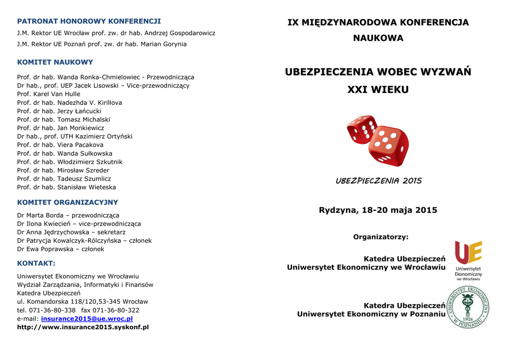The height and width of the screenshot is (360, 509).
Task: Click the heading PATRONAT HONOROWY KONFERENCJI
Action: (x=89, y=21)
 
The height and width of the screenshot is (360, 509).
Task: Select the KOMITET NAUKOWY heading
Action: (x=55, y=62)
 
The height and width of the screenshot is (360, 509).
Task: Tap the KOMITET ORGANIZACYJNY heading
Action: (x=68, y=202)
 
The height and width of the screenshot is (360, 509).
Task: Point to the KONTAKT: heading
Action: (x=36, y=263)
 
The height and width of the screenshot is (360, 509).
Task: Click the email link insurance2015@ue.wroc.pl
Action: (x=86, y=318)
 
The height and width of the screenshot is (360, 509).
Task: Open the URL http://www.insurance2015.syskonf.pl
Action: (x=83, y=327)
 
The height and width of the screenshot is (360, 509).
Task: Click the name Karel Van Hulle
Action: (x=48, y=94)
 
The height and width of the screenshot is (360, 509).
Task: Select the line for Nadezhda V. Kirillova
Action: (x=69, y=102)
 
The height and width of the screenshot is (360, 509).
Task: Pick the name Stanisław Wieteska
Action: (x=66, y=187)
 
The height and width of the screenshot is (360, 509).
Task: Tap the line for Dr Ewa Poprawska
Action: (x=61, y=249)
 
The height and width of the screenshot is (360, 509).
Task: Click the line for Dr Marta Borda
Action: (x=68, y=215)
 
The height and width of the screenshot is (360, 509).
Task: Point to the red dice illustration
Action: (x=377, y=140)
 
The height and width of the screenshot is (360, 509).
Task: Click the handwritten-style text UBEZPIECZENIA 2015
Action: (x=378, y=181)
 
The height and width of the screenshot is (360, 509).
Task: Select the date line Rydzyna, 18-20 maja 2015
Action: (x=378, y=210)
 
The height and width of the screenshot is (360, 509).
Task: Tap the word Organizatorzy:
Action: (x=381, y=237)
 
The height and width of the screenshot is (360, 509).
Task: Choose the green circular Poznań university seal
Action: (x=468, y=307)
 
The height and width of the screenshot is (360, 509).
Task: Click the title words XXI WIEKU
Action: (x=378, y=90)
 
